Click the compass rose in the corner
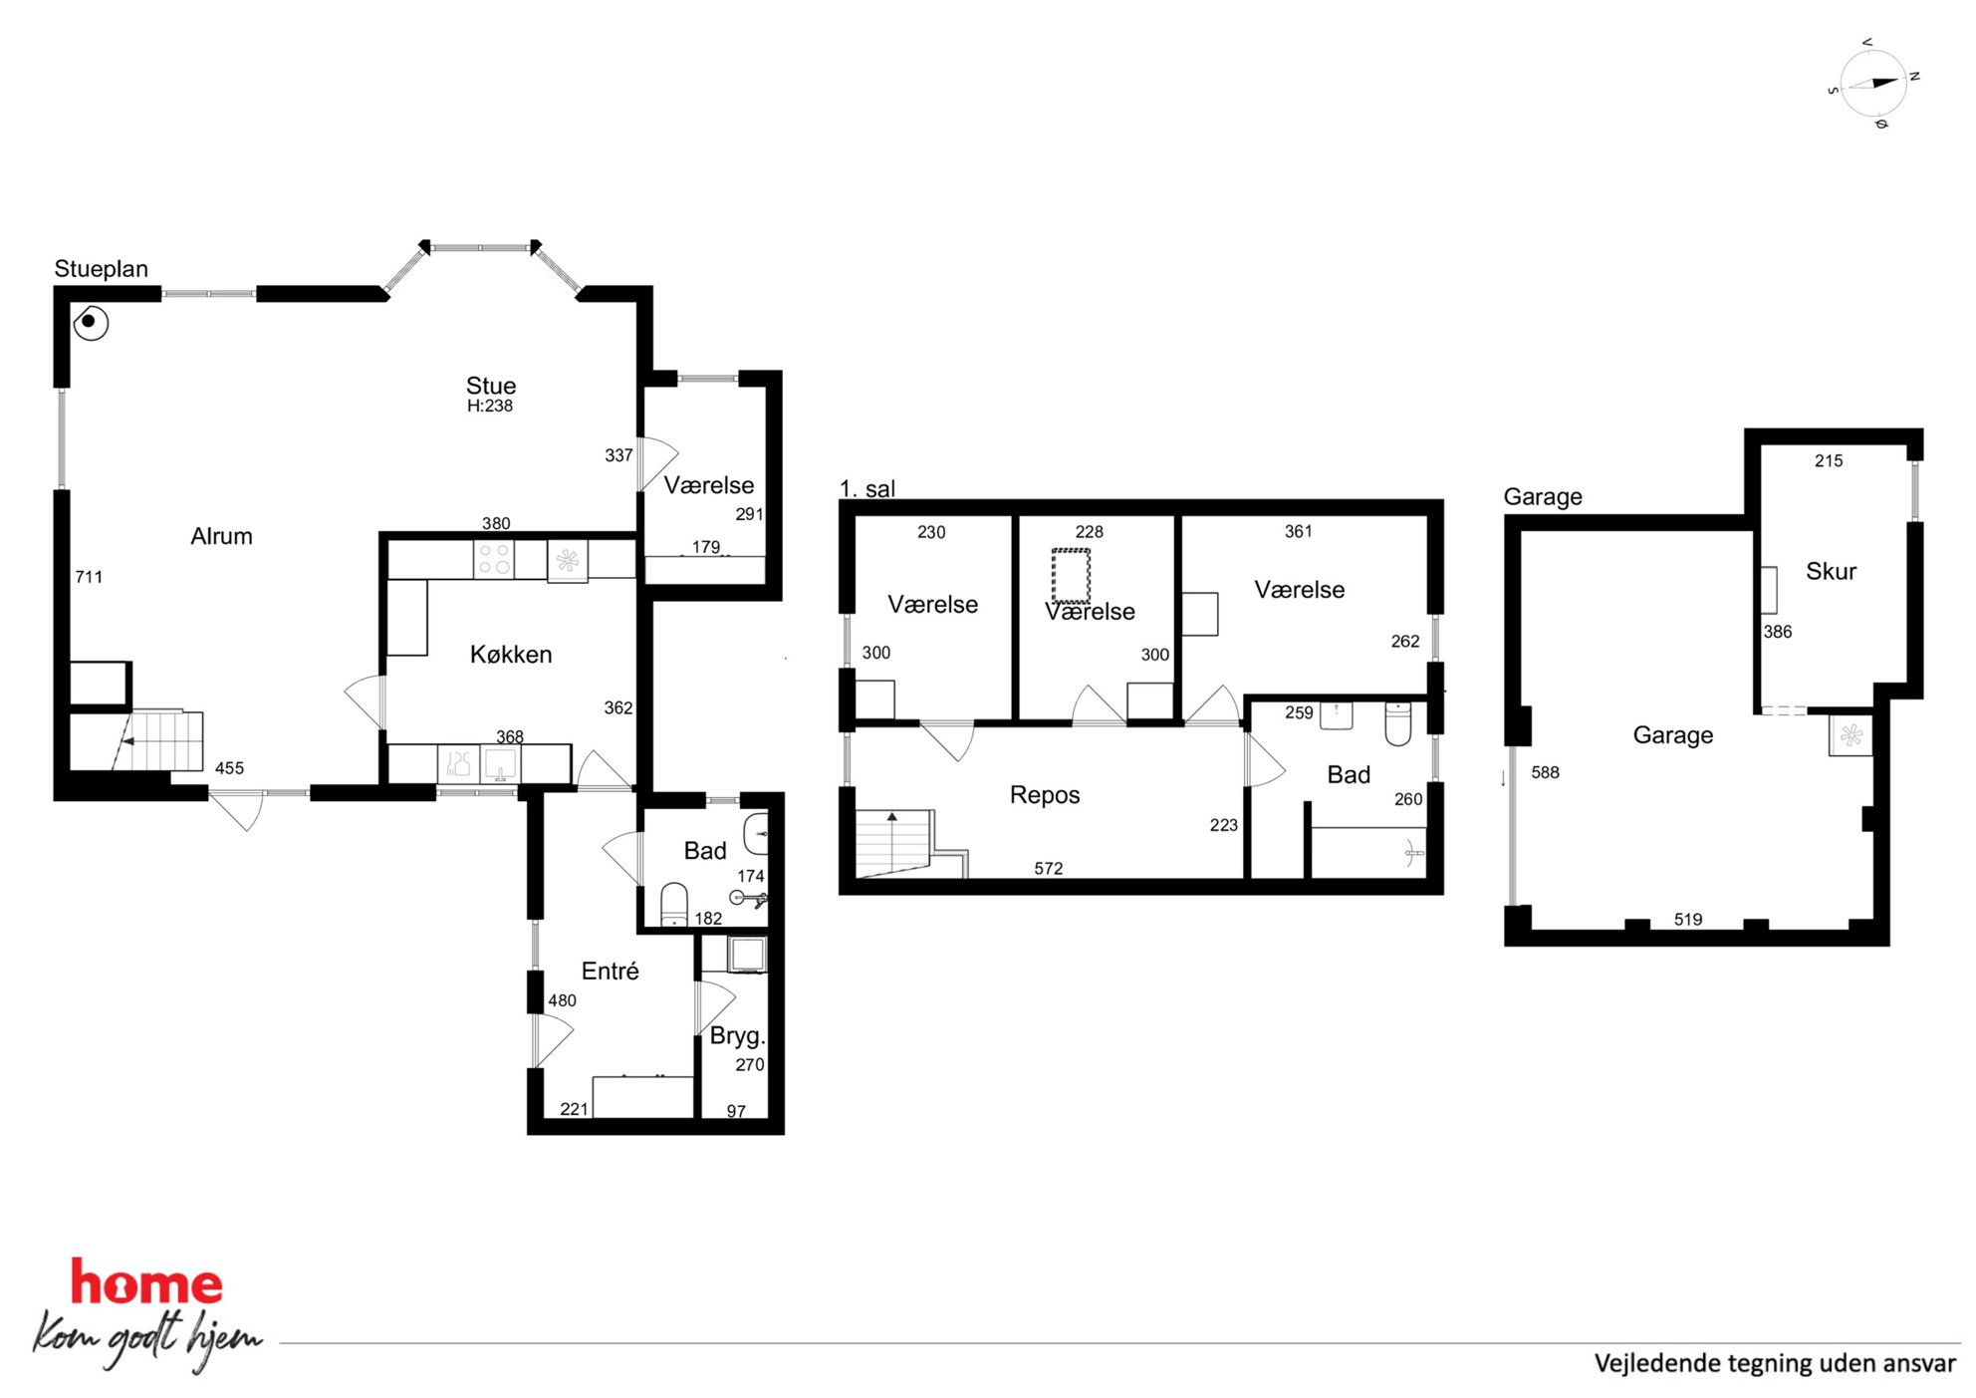pos(1873,84)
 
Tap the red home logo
pos(146,1282)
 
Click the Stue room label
pos(491,386)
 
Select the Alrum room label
pos(221,536)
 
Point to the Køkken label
pos(511,655)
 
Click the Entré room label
pos(610,971)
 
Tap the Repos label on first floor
pos(1045,795)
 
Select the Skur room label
pos(1831,571)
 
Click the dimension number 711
pos(89,577)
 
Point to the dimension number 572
pos(1048,869)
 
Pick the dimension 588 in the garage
pos(1545,772)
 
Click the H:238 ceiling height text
pos(490,406)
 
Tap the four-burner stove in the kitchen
pos(495,559)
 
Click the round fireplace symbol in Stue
pos(90,322)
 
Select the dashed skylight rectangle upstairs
pos(1071,575)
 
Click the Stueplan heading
pos(102,269)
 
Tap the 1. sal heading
pos(867,489)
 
